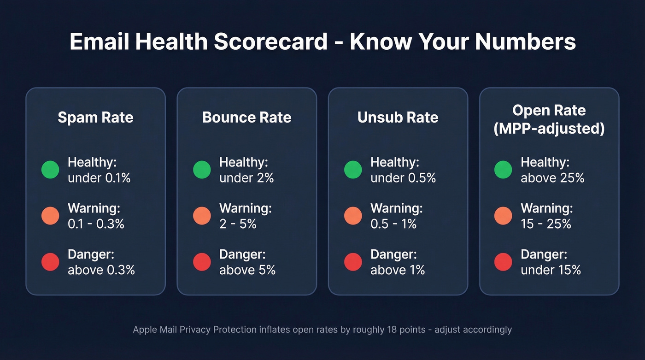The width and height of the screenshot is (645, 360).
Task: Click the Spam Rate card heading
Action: [x=95, y=118]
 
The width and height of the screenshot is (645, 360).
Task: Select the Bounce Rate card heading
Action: [x=246, y=118]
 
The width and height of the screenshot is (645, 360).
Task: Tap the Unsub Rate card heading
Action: [x=398, y=118]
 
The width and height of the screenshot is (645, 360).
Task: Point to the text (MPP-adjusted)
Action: [x=549, y=129]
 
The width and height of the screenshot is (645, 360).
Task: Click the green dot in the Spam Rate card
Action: [x=50, y=170]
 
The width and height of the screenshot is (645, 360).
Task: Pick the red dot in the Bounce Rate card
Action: [x=202, y=262]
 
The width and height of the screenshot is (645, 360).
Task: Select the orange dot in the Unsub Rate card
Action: [x=353, y=216]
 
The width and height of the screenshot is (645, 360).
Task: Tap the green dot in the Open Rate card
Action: [x=503, y=170]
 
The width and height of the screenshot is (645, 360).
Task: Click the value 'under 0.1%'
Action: [x=99, y=178]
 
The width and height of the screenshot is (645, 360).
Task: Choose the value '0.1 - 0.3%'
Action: [x=96, y=224]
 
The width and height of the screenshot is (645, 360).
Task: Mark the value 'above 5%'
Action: [x=247, y=270]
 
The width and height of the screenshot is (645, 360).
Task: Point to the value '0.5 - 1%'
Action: [x=393, y=224]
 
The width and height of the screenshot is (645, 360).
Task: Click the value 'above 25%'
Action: [x=552, y=178]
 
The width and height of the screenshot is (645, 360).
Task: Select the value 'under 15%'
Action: [x=551, y=270]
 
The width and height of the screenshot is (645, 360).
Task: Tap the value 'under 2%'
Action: [x=246, y=178]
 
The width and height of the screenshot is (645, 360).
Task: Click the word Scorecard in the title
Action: [x=270, y=42]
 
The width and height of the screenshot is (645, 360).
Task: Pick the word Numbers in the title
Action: [x=525, y=42]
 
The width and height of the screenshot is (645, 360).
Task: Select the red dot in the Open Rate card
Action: [x=503, y=262]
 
